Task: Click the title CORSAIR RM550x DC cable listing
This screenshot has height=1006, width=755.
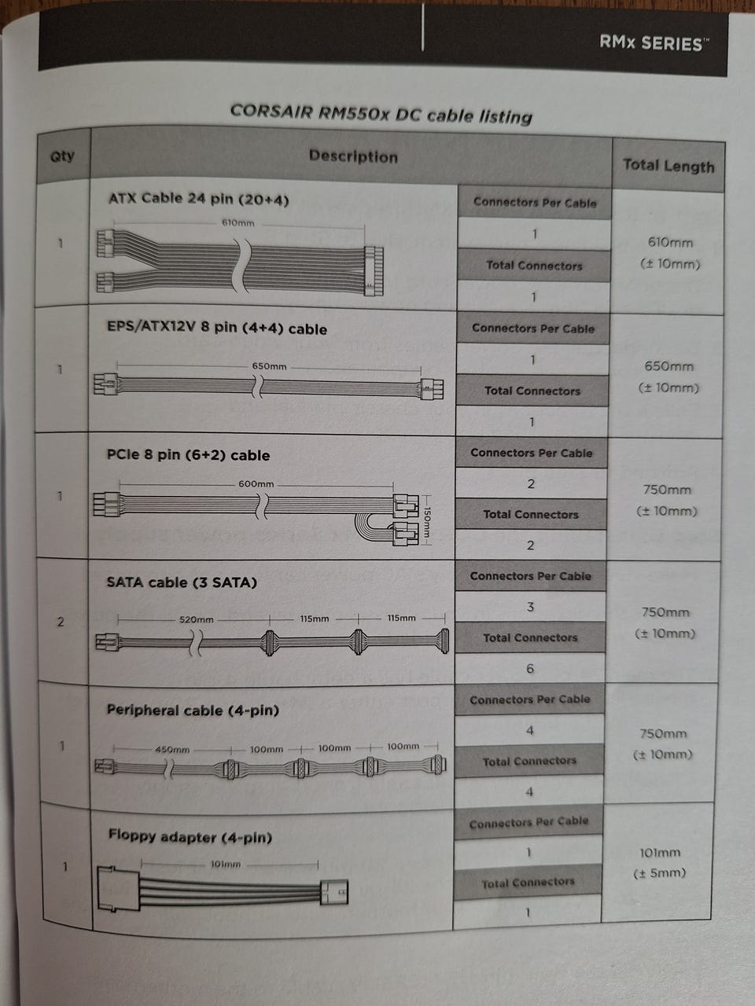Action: click(x=381, y=114)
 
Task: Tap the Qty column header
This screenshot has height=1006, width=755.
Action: click(x=62, y=156)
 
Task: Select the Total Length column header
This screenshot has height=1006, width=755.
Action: click(x=668, y=166)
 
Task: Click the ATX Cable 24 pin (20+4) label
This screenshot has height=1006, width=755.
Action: click(x=198, y=200)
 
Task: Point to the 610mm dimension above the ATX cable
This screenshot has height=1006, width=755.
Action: click(x=238, y=222)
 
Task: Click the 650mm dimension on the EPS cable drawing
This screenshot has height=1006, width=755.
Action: click(x=269, y=366)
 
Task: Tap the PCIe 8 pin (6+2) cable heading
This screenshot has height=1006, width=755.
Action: click(x=188, y=455)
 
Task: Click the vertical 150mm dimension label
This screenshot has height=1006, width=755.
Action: click(x=425, y=522)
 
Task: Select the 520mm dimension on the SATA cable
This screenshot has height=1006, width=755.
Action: click(x=196, y=619)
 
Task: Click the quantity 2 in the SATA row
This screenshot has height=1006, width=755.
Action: click(x=61, y=622)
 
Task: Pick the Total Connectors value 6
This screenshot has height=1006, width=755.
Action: click(x=530, y=669)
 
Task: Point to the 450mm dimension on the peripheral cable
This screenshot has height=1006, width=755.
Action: click(x=172, y=749)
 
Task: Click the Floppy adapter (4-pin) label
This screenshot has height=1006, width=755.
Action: click(x=190, y=836)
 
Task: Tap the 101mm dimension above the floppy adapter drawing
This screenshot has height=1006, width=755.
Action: click(x=225, y=864)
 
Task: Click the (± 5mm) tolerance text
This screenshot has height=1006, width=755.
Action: click(x=659, y=872)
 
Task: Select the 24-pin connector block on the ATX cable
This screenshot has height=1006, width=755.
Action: click(x=374, y=271)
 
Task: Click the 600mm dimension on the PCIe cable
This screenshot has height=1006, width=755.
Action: click(x=256, y=484)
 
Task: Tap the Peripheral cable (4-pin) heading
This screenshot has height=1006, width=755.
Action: click(x=193, y=710)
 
